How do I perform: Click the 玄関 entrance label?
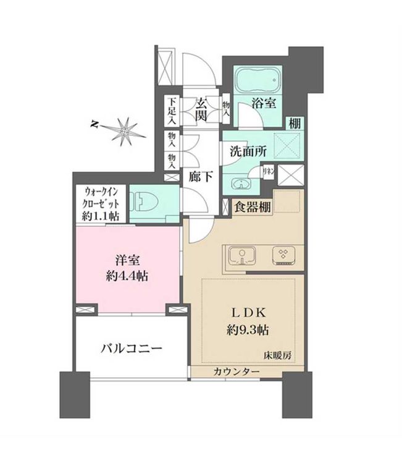pyautogui.click(x=202, y=109)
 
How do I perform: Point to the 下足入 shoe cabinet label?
pyautogui.click(x=172, y=111)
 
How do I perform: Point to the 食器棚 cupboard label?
pyautogui.click(x=253, y=207)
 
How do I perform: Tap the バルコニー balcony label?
pyautogui.click(x=132, y=349)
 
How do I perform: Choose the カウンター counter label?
pyautogui.click(x=236, y=371)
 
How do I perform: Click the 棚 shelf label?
pyautogui.click(x=295, y=122)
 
